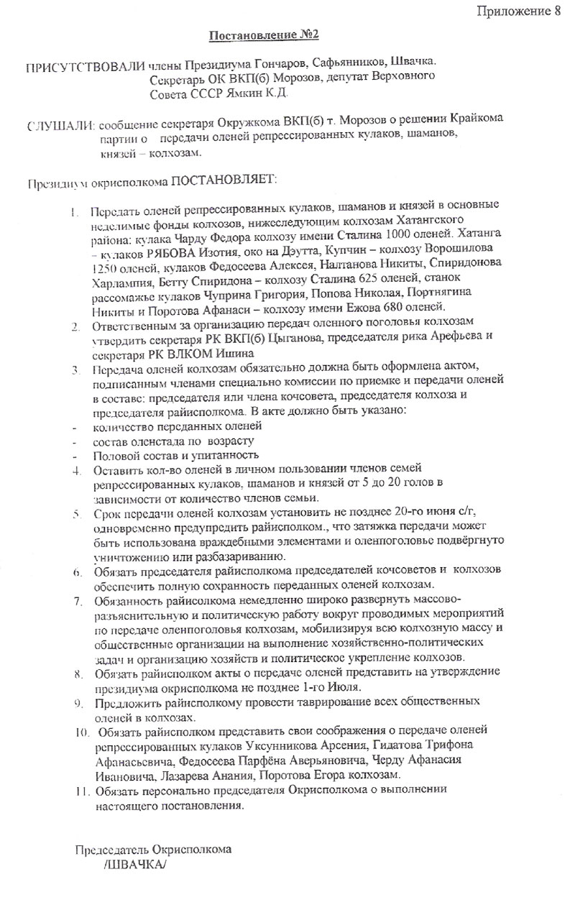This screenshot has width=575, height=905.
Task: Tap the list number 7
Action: click(x=77, y=599)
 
